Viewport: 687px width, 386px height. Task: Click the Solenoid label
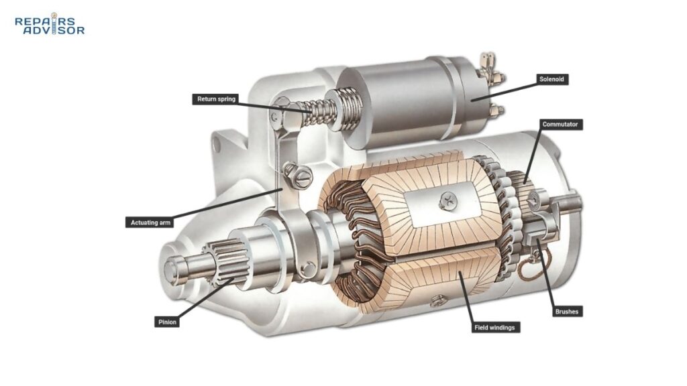(x=553, y=79)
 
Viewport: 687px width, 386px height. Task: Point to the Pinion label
(x=166, y=322)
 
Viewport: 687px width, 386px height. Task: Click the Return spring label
(x=214, y=99)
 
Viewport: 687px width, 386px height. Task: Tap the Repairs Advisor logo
(x=50, y=25)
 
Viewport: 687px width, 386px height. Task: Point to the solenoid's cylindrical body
(x=396, y=97)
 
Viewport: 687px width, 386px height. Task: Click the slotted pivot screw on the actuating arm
(x=300, y=178)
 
